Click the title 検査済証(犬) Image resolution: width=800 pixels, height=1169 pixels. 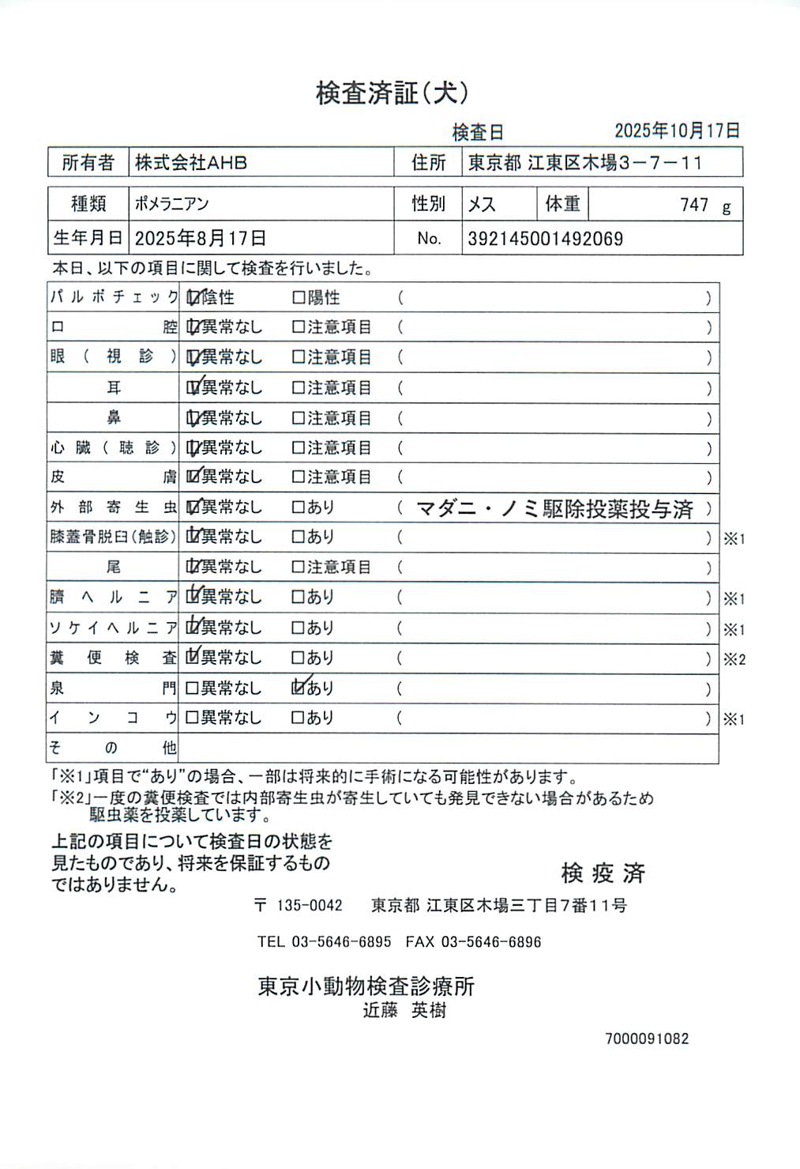[392, 93]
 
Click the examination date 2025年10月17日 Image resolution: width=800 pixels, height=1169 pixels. [677, 130]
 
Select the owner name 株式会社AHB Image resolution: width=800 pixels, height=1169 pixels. [191, 163]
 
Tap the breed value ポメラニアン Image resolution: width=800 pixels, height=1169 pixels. [171, 204]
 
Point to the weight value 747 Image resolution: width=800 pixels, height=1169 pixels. [694, 205]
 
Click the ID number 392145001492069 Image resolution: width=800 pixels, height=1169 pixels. [545, 239]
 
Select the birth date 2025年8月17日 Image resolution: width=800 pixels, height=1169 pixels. [200, 238]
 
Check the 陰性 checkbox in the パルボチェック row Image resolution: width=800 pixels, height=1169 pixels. [193, 298]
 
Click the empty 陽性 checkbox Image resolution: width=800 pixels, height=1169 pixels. [299, 298]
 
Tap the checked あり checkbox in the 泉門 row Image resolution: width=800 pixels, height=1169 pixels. [299, 688]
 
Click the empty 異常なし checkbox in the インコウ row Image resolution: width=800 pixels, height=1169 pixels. [192, 718]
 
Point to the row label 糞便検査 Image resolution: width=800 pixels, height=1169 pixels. [113, 658]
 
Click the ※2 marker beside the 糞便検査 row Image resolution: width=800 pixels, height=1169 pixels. [734, 659]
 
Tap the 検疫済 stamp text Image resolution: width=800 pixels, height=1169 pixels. [603, 873]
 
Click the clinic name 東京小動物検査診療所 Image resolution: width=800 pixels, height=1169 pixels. [366, 986]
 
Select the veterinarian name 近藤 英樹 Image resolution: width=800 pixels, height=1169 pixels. [404, 1010]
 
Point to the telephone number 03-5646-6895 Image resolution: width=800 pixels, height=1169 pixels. [341, 941]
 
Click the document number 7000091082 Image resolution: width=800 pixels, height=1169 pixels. [647, 1039]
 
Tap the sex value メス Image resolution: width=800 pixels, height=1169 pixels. [482, 205]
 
